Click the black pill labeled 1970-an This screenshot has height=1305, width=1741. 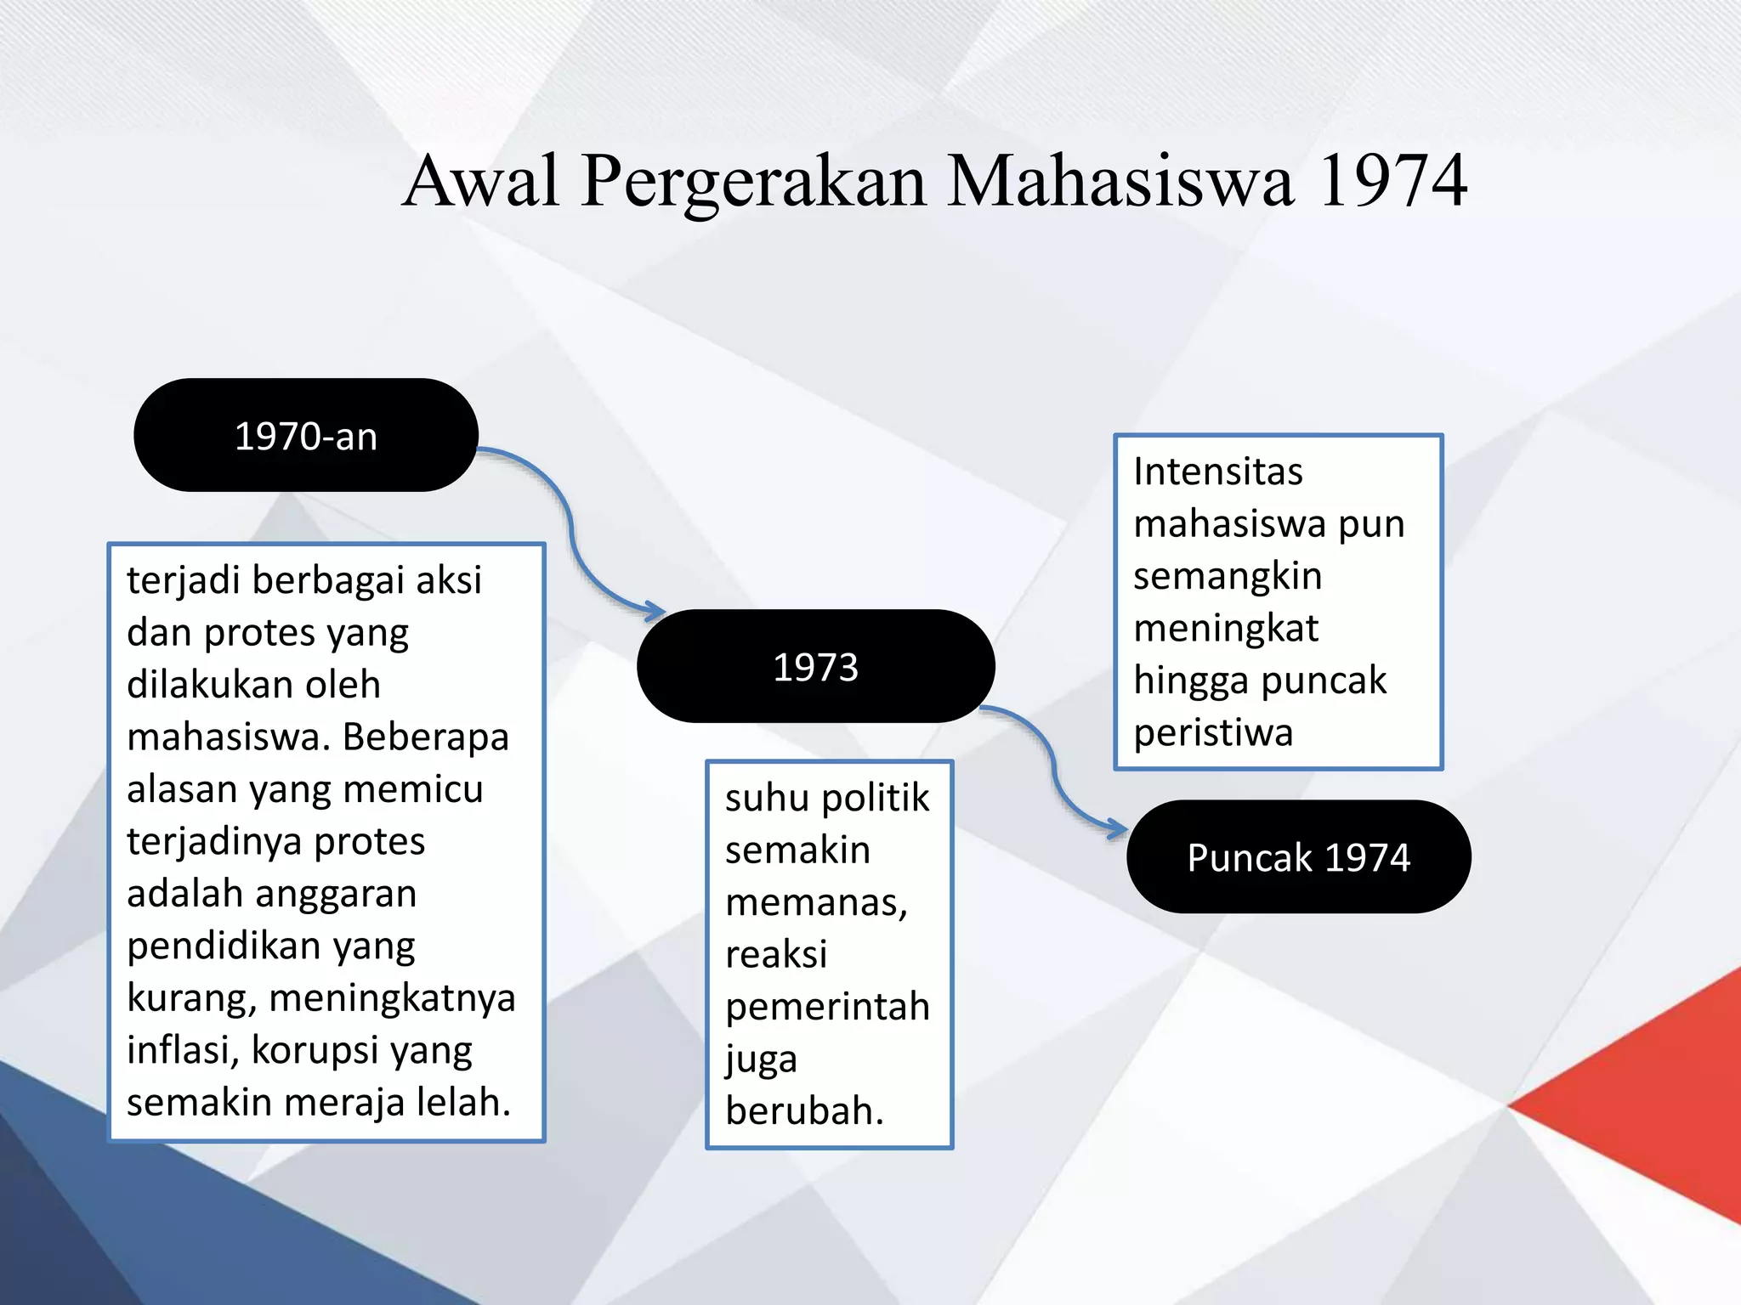click(x=306, y=435)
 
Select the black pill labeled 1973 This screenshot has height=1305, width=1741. click(x=815, y=666)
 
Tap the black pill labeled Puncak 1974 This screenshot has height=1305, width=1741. click(x=1298, y=856)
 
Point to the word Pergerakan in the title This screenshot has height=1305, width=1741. click(x=753, y=182)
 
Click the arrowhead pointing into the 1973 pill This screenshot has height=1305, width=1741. click(x=655, y=610)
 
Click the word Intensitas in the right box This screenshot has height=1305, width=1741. click(x=1217, y=472)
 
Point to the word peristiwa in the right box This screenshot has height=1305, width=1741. click(x=1213, y=732)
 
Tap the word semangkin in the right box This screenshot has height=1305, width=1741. click(x=1228, y=576)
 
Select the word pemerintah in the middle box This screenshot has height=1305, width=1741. click(x=827, y=1007)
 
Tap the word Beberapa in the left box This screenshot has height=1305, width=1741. click(x=425, y=737)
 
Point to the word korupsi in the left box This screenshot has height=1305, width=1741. click(x=314, y=1051)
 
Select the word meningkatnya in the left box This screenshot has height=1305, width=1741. click(x=392, y=997)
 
